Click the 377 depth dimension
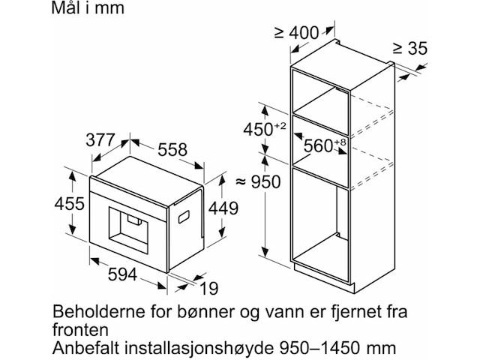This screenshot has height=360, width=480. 100,140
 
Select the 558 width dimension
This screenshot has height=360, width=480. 172,150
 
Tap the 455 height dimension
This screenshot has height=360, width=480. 70,203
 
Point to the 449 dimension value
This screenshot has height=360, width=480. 223,208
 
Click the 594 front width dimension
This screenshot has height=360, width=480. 122,274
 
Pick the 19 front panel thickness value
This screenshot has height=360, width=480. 209,288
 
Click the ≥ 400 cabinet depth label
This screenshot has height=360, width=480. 296,32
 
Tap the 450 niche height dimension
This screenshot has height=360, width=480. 265,129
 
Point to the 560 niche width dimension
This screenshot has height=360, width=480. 325,145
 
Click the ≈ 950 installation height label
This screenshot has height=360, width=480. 258,182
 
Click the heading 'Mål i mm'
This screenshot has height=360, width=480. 88,7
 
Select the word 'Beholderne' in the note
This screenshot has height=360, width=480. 99,312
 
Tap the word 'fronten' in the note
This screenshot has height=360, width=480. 80,330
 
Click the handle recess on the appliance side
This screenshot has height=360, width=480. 184,217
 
